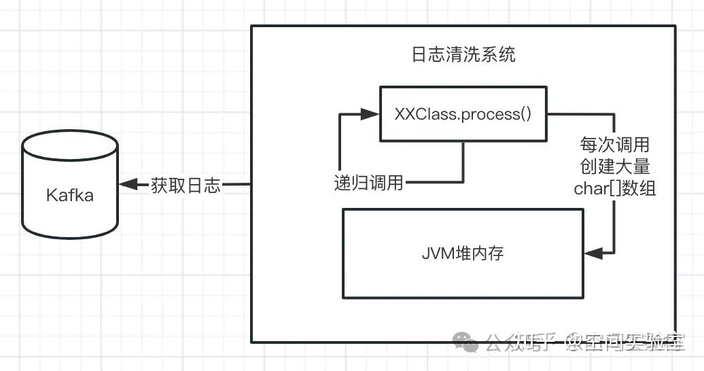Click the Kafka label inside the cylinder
tap(69, 195)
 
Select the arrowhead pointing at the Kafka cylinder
tap(126, 185)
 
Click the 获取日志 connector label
tap(186, 185)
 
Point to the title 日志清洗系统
tap(463, 54)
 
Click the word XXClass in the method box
tap(425, 113)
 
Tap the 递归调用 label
tap(368, 182)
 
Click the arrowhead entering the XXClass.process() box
tap(372, 114)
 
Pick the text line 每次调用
tap(614, 145)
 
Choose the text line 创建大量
tap(614, 166)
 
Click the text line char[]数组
tap(614, 188)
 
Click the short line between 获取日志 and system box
tap(237, 185)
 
